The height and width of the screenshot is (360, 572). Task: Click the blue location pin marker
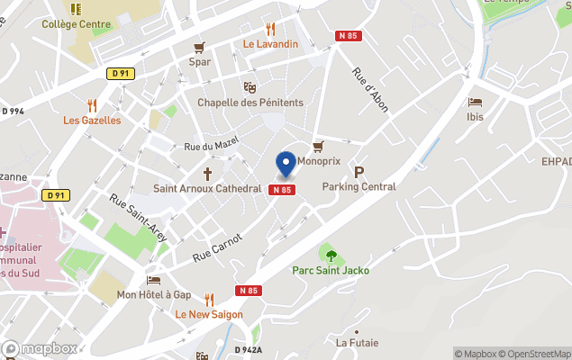click(286, 163)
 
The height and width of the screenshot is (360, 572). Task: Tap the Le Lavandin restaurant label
click(270, 43)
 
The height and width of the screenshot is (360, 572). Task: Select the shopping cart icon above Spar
click(199, 47)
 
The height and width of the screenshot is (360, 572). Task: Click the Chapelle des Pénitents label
click(250, 103)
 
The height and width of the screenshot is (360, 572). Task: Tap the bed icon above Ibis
click(475, 102)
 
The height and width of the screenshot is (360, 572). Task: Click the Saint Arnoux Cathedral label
click(207, 188)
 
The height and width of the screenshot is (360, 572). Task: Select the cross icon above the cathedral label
click(207, 172)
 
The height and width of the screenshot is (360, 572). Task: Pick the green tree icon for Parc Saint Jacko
click(331, 255)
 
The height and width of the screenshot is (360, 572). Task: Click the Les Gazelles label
click(92, 121)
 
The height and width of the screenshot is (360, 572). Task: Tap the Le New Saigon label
click(209, 314)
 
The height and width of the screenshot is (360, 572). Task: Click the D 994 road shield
click(13, 111)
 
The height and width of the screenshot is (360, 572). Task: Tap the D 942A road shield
click(248, 350)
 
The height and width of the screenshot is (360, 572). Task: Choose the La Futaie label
click(357, 343)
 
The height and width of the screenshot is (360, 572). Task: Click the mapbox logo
click(41, 348)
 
